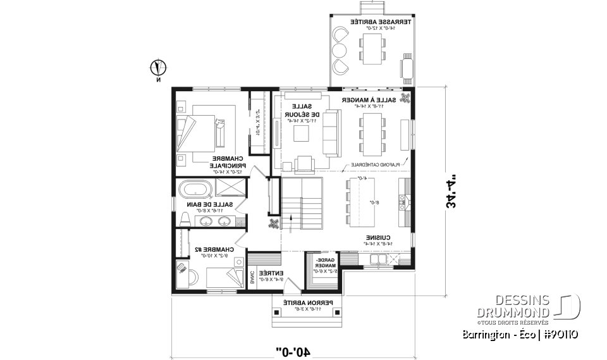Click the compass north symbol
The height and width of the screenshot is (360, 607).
click(159, 66)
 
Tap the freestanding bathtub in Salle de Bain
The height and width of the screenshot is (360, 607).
click(195, 189)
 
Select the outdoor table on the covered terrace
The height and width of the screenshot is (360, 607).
click(371, 48)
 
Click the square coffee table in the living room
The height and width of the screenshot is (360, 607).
click(300, 133)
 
